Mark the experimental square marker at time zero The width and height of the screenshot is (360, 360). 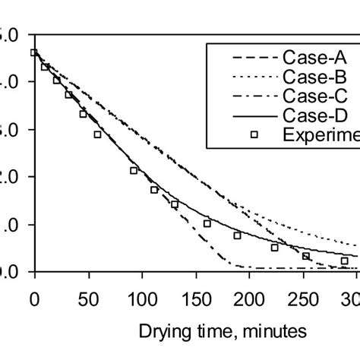33,52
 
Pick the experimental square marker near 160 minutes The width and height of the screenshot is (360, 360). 207,223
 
